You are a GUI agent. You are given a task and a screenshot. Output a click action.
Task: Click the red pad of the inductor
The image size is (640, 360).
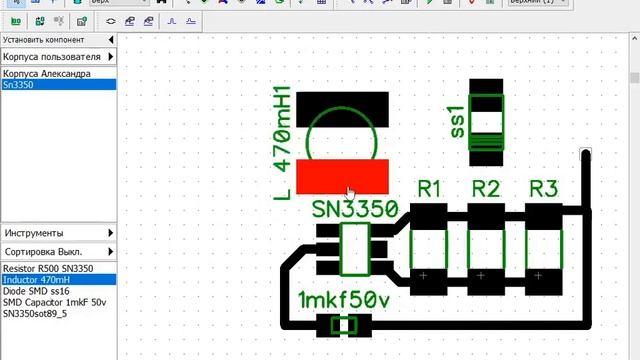point(344,175)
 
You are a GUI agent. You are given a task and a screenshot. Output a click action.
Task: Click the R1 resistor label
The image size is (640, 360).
point(429,188)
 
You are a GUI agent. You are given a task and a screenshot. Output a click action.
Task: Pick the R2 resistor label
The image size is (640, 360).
point(485,188)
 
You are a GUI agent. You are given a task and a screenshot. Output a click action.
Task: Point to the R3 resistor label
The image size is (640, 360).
point(543,188)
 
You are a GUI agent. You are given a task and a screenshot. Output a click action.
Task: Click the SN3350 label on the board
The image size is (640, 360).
point(354,210)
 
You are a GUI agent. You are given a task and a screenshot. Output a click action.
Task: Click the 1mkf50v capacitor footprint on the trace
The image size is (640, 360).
point(344,325)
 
